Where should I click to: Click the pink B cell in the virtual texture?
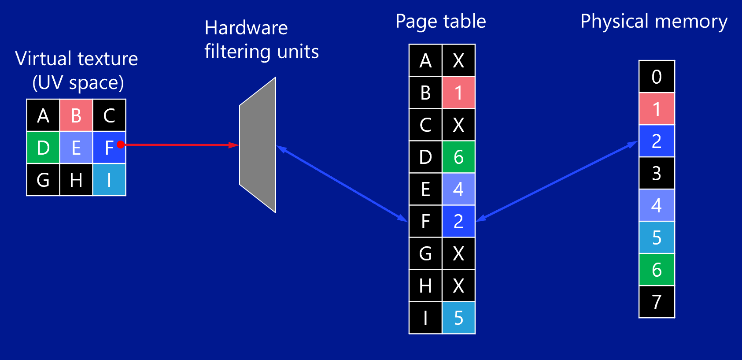(76, 115)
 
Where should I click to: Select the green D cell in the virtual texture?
(43, 148)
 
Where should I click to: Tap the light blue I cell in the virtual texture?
(109, 180)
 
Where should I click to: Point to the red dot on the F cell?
(120, 145)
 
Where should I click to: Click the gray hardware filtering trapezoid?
(258, 145)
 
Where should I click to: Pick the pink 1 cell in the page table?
(458, 93)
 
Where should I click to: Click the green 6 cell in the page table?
(458, 157)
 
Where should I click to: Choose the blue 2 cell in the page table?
(458, 221)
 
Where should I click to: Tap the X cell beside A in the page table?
(458, 61)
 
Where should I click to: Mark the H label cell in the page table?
(425, 286)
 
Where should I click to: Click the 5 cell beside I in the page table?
(458, 318)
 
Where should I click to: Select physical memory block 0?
(657, 77)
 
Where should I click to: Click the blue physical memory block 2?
(657, 141)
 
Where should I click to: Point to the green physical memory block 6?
(657, 270)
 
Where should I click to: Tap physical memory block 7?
(657, 302)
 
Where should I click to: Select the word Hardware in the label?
(246, 28)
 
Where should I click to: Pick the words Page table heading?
(440, 22)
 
